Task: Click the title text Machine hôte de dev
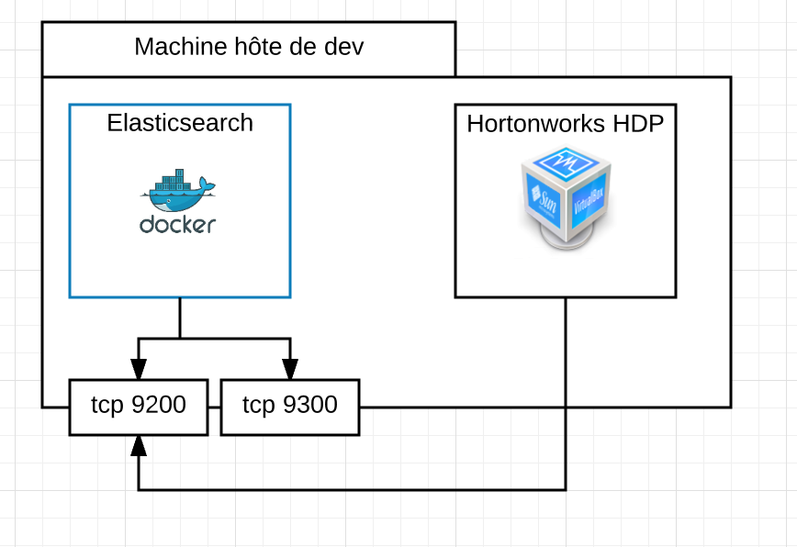pos(249,47)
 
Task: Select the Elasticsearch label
pos(180,123)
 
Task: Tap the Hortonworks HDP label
pos(565,124)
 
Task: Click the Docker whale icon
pos(178,189)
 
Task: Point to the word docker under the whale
pos(178,224)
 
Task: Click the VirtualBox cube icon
pos(566,199)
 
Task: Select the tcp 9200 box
pos(138,406)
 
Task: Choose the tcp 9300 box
pos(290,406)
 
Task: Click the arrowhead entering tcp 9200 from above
pos(138,369)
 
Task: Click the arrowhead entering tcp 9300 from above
pos(290,369)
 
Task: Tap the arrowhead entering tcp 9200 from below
pos(138,446)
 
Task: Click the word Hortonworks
pos(531,124)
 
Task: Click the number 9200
pos(158,405)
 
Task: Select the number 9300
pos(310,405)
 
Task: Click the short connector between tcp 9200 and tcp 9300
pos(214,406)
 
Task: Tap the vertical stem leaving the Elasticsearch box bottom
pos(180,318)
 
